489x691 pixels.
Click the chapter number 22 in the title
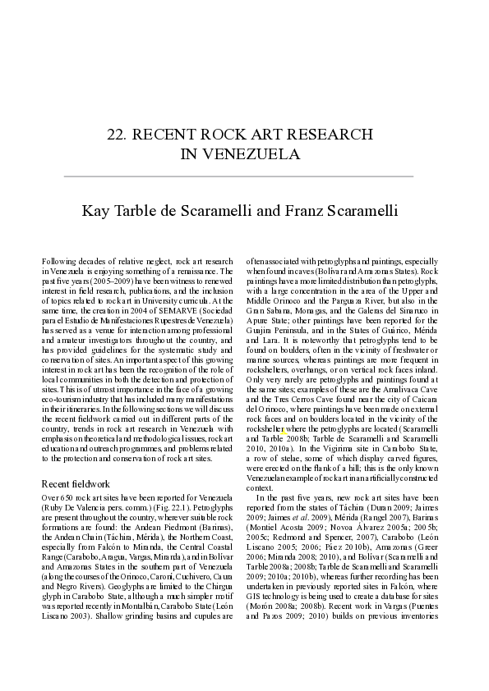[118, 135]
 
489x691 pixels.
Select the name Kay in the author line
[95, 212]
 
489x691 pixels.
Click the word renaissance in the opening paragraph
[210, 270]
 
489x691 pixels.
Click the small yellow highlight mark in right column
[284, 431]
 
